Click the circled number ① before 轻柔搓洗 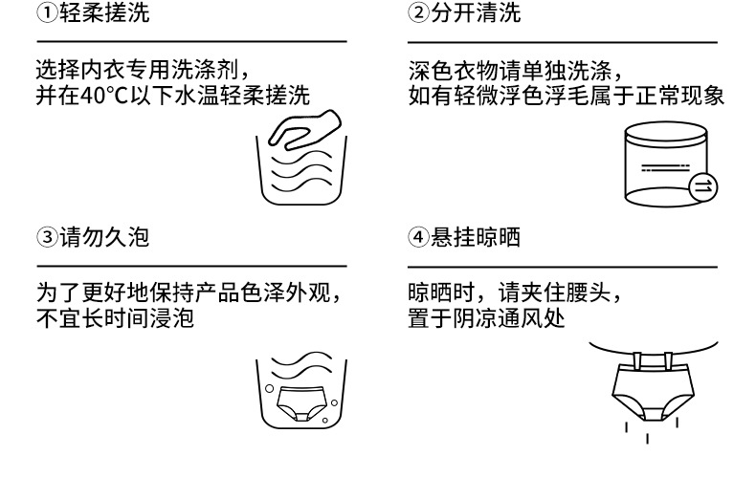[x=45, y=14]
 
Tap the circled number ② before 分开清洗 [x=416, y=14]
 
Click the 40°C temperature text [x=96, y=96]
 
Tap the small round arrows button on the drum [x=700, y=185]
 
